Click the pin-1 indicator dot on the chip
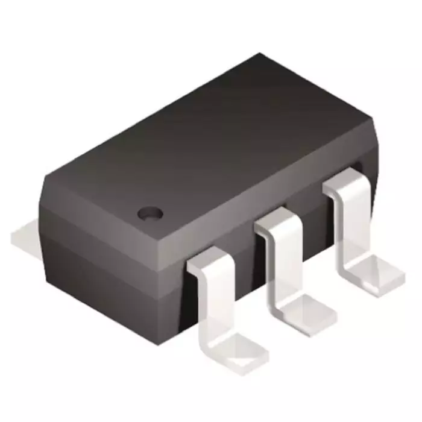[150, 213]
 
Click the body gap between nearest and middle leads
[244, 265]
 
